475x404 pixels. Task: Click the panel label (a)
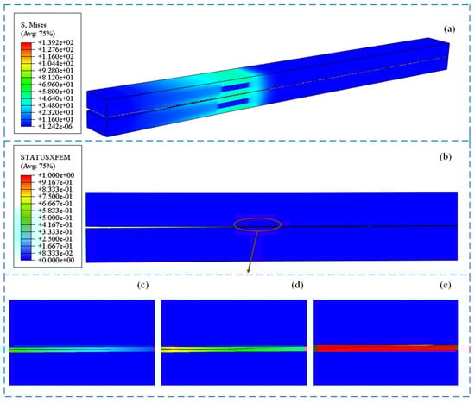pyautogui.click(x=450, y=29)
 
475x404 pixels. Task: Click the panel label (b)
pyautogui.click(x=446, y=156)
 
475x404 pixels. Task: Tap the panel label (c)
pyautogui.click(x=142, y=285)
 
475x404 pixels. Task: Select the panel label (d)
pyautogui.click(x=297, y=285)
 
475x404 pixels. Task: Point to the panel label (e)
pyautogui.click(x=446, y=285)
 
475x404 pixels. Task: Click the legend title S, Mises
pyautogui.click(x=33, y=25)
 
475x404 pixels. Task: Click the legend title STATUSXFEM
pyautogui.click(x=46, y=157)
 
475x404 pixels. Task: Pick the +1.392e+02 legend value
pyautogui.click(x=56, y=42)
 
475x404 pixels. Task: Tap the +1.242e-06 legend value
pyautogui.click(x=56, y=127)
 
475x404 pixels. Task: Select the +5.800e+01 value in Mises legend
pyautogui.click(x=56, y=92)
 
